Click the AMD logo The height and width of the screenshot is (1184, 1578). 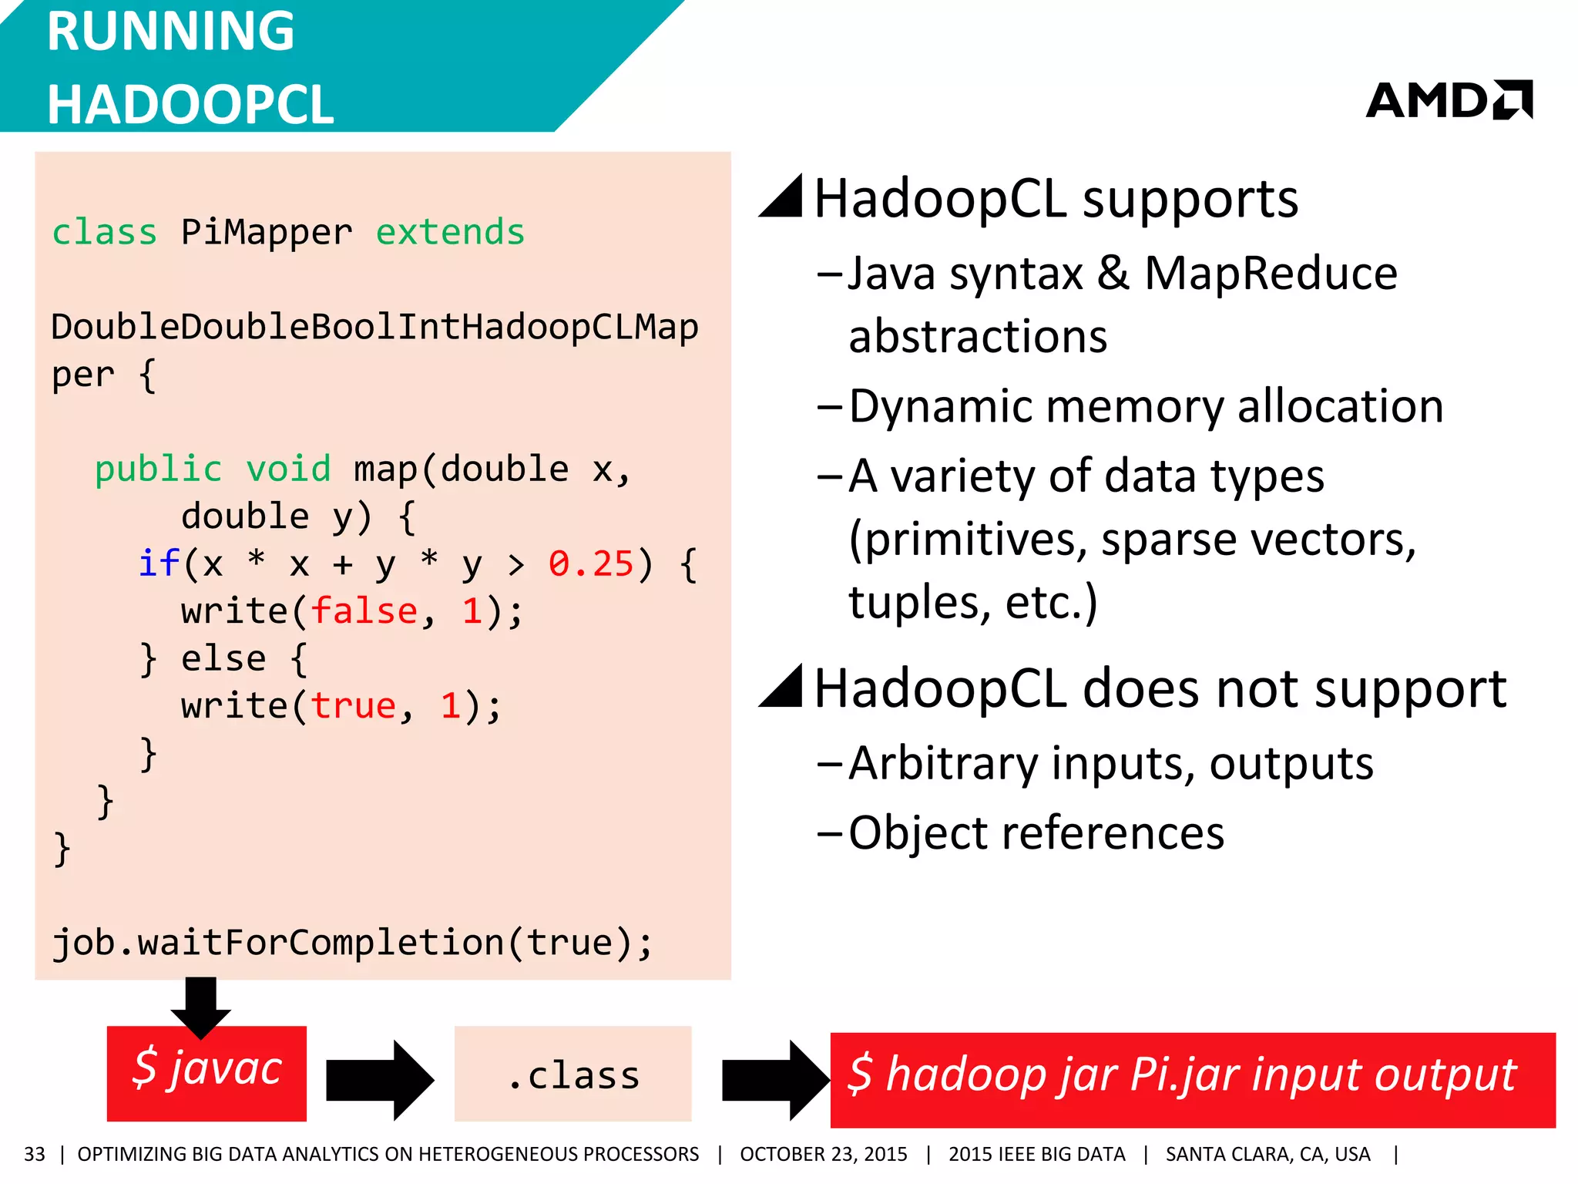coord(1449,100)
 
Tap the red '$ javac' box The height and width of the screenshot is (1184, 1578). coord(206,1073)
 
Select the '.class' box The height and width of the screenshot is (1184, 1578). coord(572,1074)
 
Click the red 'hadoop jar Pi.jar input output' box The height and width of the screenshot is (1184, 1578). coord(1192,1079)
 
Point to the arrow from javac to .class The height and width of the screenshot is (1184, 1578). coord(379,1079)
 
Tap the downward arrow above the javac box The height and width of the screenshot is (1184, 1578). coord(200,1006)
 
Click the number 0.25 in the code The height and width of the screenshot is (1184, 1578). coord(590,563)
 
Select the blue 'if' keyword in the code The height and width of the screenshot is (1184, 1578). coord(159,563)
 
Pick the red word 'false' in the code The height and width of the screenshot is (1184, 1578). coord(364,611)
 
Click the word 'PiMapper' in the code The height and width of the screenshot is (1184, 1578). coord(267,232)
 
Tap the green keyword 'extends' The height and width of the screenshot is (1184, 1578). coord(450,232)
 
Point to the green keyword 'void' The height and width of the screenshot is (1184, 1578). coord(288,469)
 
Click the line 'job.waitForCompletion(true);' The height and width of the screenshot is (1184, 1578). coord(351,942)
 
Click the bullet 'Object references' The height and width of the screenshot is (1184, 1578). coord(1036,832)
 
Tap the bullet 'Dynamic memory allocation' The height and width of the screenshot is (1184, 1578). coord(1146,406)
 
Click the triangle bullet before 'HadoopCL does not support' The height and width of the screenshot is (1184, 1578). coord(782,685)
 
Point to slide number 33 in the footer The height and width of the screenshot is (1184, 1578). coord(35,1154)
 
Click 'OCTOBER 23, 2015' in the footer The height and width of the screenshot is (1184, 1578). coord(823,1154)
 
